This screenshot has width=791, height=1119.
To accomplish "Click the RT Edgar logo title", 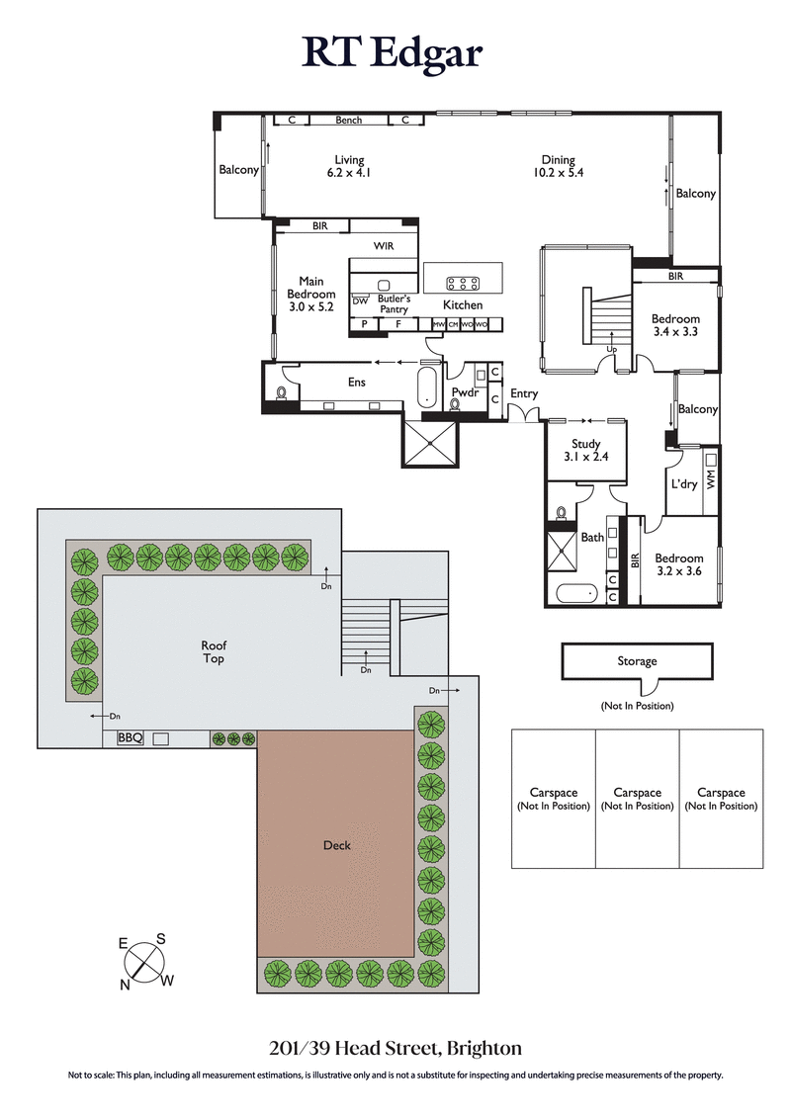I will pos(395,53).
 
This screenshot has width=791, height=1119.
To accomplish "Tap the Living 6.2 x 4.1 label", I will pos(348,166).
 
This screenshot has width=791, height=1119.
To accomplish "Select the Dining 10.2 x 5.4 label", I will pos(558,166).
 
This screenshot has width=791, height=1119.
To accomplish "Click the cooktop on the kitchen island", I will pos(463,282).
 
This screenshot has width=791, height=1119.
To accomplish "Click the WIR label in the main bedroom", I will pos(384,246).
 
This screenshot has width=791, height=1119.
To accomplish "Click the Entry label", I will pos(523,393).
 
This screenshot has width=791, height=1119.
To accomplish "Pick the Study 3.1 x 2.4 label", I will pos(587,451).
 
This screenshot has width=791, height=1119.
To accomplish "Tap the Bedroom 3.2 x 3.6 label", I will pos(679,564).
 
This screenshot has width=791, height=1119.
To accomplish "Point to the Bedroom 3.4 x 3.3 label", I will pos(675,325).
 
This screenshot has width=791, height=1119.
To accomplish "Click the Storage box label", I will pos(637,661).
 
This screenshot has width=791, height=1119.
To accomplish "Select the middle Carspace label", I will pos(637,799).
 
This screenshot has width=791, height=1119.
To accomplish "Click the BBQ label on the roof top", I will pos(131,737).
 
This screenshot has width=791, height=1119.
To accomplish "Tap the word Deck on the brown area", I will pos(336,845).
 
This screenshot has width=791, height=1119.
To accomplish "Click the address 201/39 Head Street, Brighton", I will pos(395,1048).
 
